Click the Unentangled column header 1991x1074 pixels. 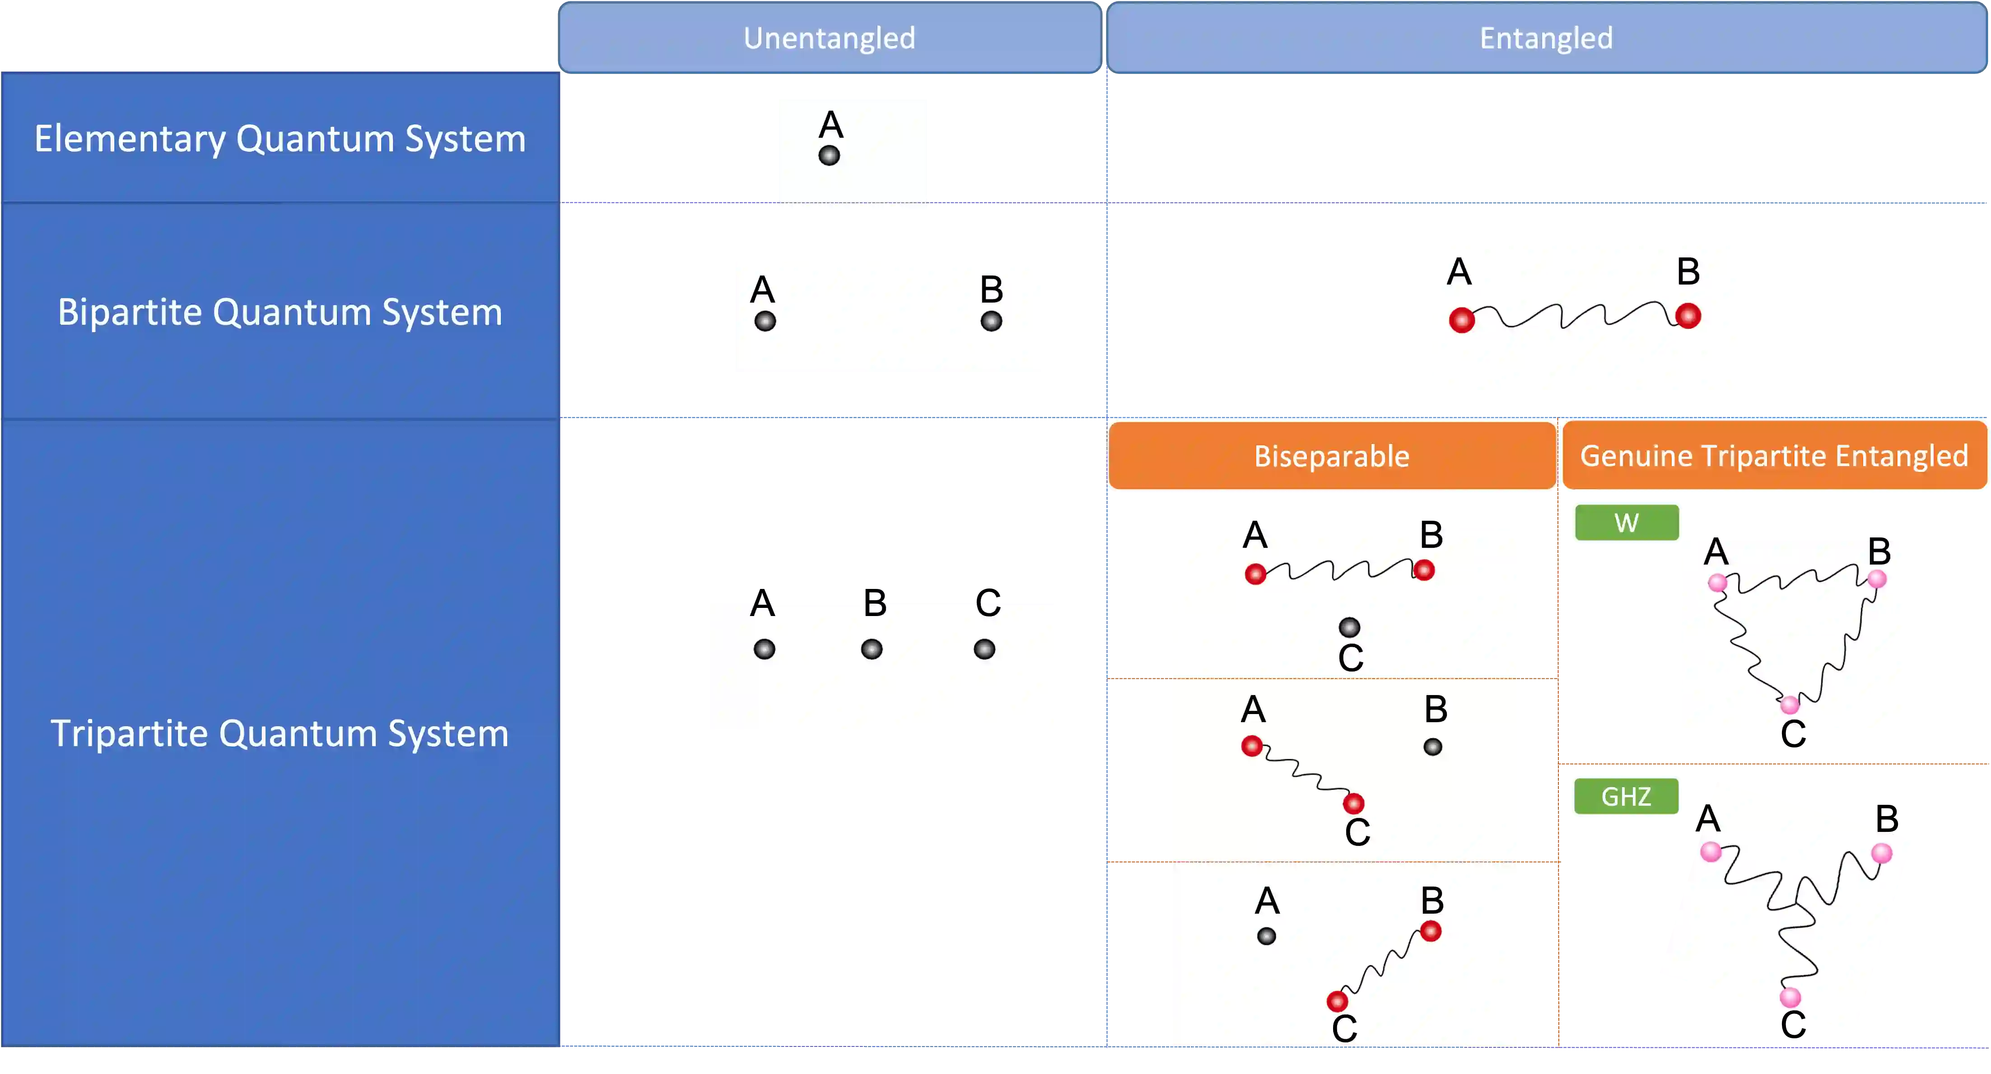pos(830,38)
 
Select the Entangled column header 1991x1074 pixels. pos(1546,38)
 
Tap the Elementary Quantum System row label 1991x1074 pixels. pos(280,138)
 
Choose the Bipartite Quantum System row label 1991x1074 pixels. pos(280,312)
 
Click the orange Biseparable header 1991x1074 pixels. pos(1332,455)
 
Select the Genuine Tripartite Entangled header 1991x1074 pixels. pos(1774,455)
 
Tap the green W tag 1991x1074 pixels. pos(1626,523)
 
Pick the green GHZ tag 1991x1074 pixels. pos(1626,796)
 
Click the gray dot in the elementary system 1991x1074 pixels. pos(830,155)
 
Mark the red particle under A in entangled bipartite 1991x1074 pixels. pos(1462,319)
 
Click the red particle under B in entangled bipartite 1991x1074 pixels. pos(1688,316)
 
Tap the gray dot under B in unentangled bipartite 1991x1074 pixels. pos(992,321)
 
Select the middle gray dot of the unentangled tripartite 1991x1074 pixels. pos(872,649)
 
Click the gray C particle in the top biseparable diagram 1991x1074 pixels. pos(1349,627)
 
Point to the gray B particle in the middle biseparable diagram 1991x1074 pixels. pos(1433,747)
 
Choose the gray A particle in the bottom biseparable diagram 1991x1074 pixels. pos(1267,936)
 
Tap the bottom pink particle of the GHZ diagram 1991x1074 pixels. pos(1790,998)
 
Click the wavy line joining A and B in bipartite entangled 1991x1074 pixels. pos(1574,316)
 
